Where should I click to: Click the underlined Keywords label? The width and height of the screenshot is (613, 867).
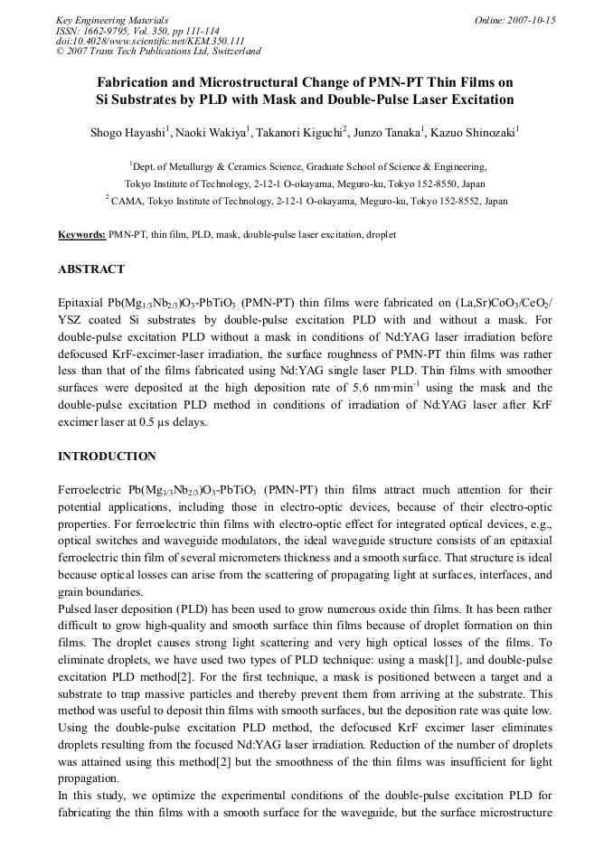[81, 234]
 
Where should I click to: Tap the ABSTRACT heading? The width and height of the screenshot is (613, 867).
[91, 269]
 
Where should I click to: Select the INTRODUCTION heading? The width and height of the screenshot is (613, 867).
[107, 456]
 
